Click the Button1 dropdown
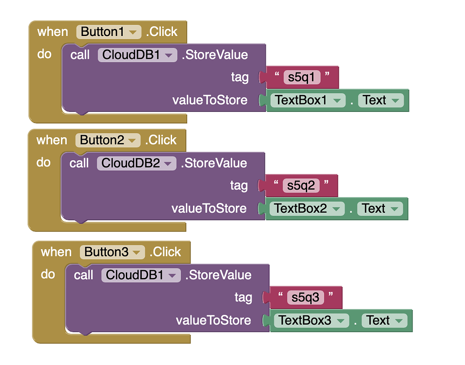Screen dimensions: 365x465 (108, 32)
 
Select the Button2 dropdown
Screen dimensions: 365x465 (108, 140)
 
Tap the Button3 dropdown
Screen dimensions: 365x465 (112, 252)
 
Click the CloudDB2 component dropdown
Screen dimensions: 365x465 (136, 163)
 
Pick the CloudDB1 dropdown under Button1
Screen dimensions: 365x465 (137, 55)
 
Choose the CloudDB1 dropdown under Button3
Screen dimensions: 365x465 (141, 275)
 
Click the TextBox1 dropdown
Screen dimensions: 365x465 (307, 100)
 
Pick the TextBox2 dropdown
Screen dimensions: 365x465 (306, 209)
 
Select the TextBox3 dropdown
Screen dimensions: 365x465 (311, 321)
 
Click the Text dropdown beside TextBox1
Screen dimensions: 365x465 (381, 100)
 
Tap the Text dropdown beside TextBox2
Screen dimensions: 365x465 (380, 209)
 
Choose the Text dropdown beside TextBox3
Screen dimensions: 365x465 (385, 321)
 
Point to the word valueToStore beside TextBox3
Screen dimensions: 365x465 (213, 321)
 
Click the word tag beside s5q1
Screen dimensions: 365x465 (239, 77)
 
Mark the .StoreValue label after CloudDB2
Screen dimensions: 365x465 (213, 163)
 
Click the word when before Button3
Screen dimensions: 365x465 (56, 252)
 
